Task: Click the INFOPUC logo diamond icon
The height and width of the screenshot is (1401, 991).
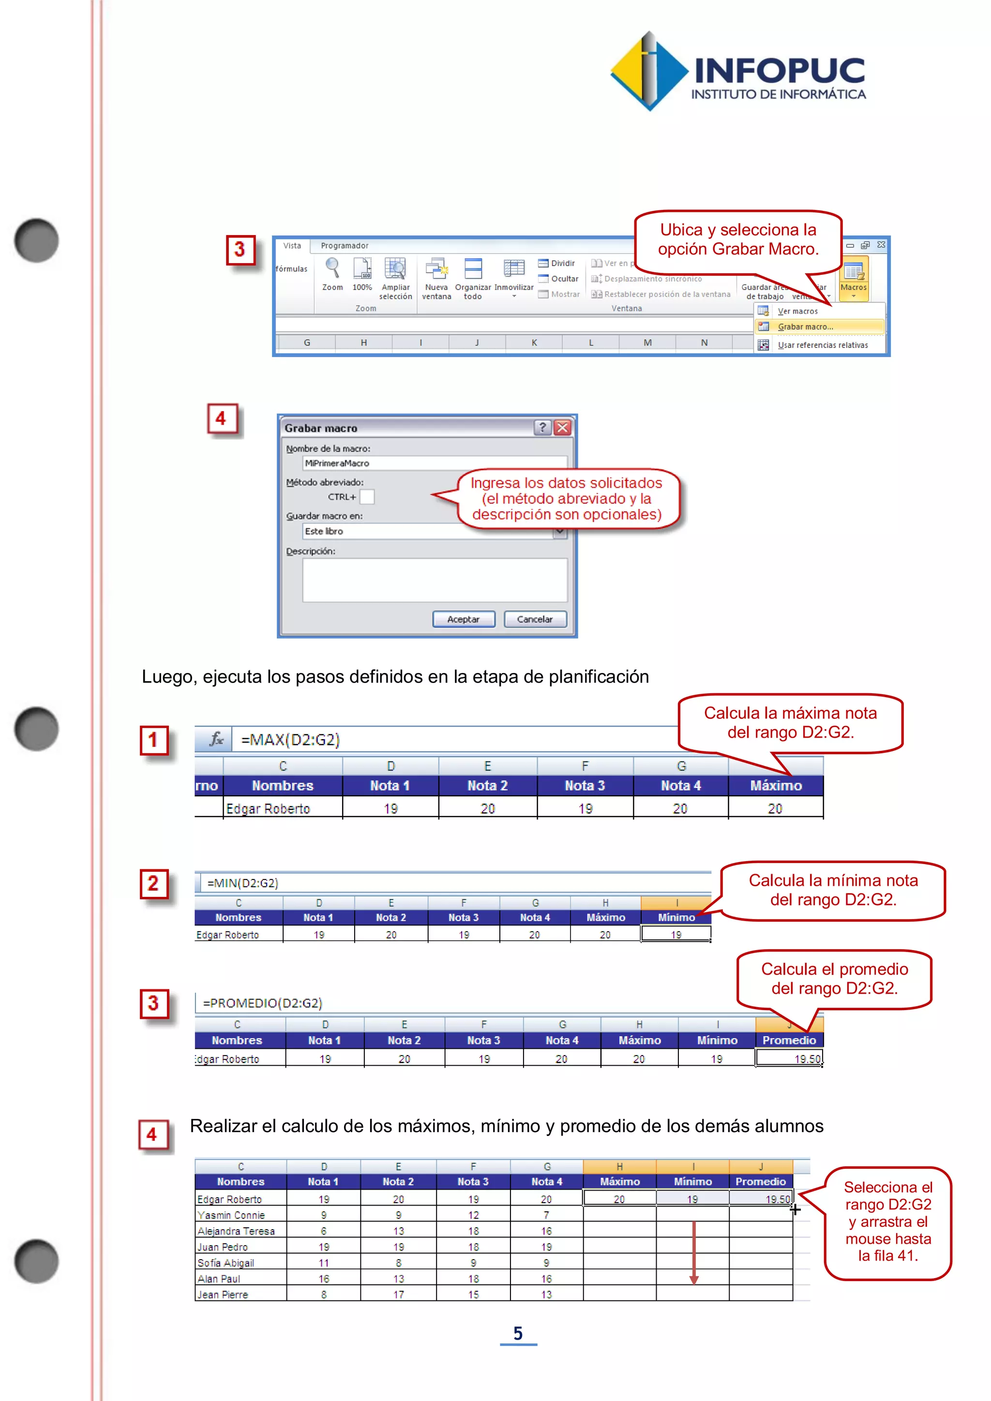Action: [x=649, y=72]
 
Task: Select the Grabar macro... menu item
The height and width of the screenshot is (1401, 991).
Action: [x=805, y=327]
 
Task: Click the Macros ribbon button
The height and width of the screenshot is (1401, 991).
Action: [x=853, y=278]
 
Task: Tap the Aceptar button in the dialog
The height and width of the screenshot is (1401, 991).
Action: [x=463, y=619]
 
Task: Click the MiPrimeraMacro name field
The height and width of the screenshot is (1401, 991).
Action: [x=435, y=463]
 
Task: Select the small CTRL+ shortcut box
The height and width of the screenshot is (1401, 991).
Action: [x=367, y=497]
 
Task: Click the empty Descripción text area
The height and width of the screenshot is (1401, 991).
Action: [x=435, y=580]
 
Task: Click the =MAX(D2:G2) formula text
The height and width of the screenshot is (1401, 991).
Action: [x=290, y=740]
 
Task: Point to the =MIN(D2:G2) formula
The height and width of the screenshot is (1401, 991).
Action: [x=242, y=883]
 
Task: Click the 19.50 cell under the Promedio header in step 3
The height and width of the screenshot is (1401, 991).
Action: [x=790, y=1058]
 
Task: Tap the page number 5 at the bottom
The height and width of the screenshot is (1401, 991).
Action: [x=517, y=1333]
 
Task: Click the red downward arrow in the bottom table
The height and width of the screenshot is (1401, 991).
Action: [x=693, y=1251]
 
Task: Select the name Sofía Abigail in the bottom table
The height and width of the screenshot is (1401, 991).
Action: [x=226, y=1263]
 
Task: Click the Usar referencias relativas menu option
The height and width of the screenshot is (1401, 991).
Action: [x=822, y=345]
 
